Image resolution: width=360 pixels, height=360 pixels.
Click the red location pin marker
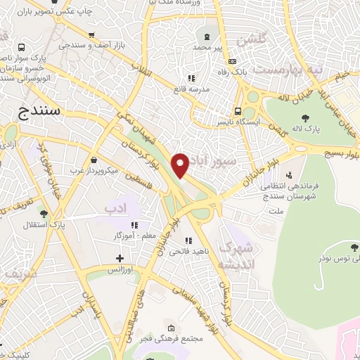(x=181, y=165)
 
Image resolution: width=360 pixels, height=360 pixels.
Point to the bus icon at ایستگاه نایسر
(x=238, y=111)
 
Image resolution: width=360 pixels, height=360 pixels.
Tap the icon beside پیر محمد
(x=207, y=37)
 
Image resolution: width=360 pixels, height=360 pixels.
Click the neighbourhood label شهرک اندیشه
(x=235, y=256)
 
